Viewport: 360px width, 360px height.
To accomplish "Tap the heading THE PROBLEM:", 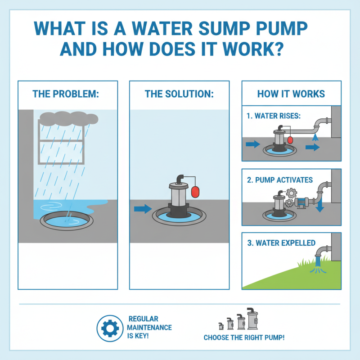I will (66, 94).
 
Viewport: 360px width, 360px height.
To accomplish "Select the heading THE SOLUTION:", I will (179, 94).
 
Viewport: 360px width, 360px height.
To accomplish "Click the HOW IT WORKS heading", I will (291, 94).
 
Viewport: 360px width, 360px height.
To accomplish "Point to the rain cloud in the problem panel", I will (67, 118).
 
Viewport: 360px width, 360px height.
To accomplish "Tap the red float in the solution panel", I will (196, 191).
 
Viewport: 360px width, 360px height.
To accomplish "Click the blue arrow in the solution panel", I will (143, 208).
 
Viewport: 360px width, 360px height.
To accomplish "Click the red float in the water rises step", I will (290, 140).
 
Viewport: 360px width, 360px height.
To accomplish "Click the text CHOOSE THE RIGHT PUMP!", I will (244, 337).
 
